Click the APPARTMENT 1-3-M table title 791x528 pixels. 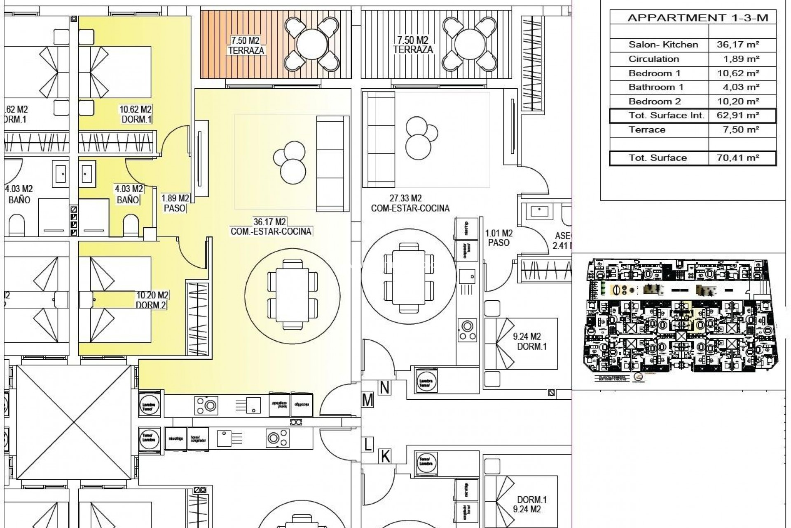[697, 18]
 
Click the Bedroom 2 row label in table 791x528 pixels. [655, 101]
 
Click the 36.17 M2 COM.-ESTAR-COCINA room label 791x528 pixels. [271, 226]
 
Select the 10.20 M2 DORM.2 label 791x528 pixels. [152, 300]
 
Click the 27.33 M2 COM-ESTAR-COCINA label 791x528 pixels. [410, 203]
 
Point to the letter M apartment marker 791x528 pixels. [367, 400]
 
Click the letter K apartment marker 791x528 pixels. [385, 457]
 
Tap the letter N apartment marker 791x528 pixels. [385, 388]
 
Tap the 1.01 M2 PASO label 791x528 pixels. [498, 238]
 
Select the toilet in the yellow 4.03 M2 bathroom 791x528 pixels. [131, 225]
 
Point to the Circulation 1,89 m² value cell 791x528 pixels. [741, 59]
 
